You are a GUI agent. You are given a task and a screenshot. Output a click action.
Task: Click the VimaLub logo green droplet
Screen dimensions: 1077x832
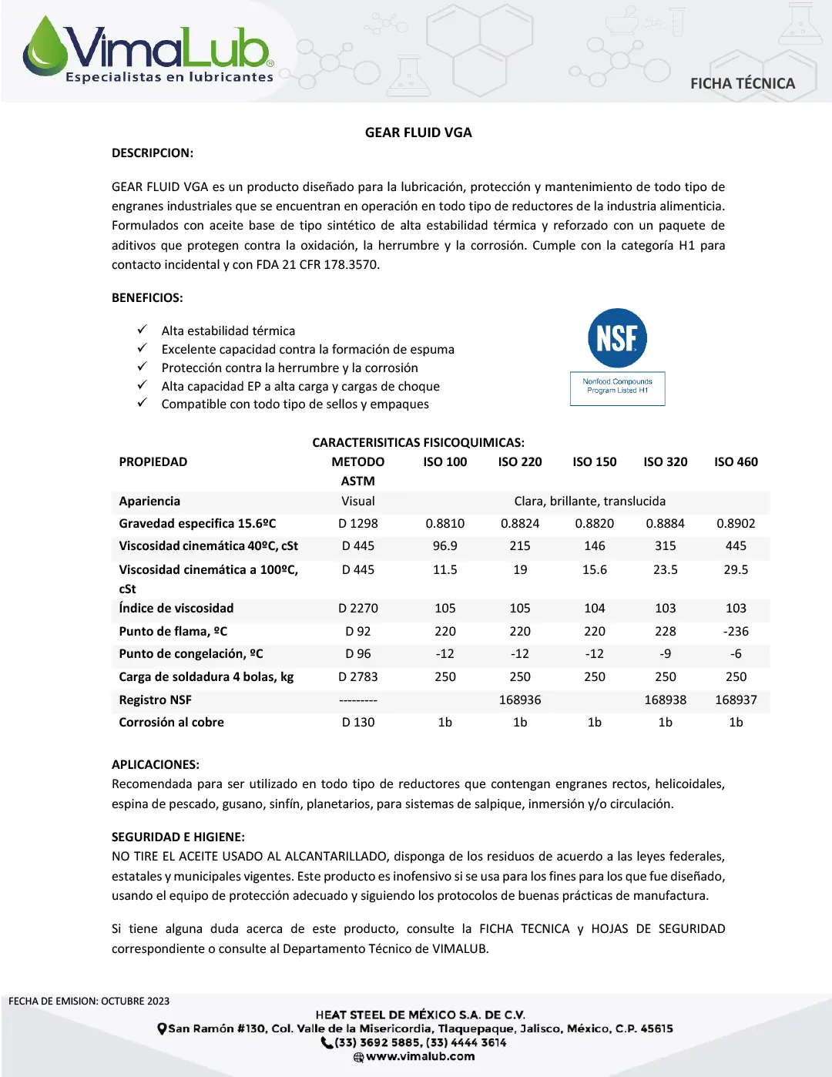click(x=45, y=48)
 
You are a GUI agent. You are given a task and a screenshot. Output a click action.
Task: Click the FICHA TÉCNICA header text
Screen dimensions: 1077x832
click(x=742, y=83)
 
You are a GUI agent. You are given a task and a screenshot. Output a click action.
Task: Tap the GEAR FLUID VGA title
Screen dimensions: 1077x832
click(x=418, y=133)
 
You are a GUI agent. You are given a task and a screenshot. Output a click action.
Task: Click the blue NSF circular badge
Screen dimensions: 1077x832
click(x=617, y=338)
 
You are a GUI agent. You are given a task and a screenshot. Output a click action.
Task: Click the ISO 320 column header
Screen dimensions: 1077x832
click(x=665, y=462)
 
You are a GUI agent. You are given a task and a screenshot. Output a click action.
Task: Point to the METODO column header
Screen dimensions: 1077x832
click(x=358, y=462)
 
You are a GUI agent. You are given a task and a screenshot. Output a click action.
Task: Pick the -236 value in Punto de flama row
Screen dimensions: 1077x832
click(x=736, y=631)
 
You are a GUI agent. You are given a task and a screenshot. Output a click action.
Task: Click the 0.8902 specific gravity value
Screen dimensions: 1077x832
click(x=736, y=524)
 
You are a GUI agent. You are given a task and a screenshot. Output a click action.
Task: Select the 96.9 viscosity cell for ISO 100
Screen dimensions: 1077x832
click(x=445, y=546)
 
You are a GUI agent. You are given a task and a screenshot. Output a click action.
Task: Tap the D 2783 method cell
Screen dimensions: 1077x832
click(x=358, y=677)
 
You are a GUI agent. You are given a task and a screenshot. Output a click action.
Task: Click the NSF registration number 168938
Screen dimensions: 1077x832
click(x=665, y=700)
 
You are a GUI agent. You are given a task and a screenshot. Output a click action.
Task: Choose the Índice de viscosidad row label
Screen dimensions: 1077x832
click(x=176, y=609)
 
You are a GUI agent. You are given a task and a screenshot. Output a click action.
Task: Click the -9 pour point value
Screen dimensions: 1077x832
click(x=665, y=654)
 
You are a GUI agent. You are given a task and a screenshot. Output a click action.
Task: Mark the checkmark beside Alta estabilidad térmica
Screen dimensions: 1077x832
click(x=142, y=330)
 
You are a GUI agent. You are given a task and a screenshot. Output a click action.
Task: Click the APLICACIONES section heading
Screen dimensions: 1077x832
click(x=156, y=765)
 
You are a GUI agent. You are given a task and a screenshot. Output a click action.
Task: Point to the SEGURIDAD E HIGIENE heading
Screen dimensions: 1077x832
click(x=178, y=837)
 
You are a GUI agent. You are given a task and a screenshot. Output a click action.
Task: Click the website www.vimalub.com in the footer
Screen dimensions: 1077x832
click(x=420, y=1057)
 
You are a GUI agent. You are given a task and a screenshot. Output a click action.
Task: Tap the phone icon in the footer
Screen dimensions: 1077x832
click(x=327, y=1043)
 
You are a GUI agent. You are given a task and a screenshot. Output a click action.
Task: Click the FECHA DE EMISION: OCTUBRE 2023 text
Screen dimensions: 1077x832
click(x=89, y=1002)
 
